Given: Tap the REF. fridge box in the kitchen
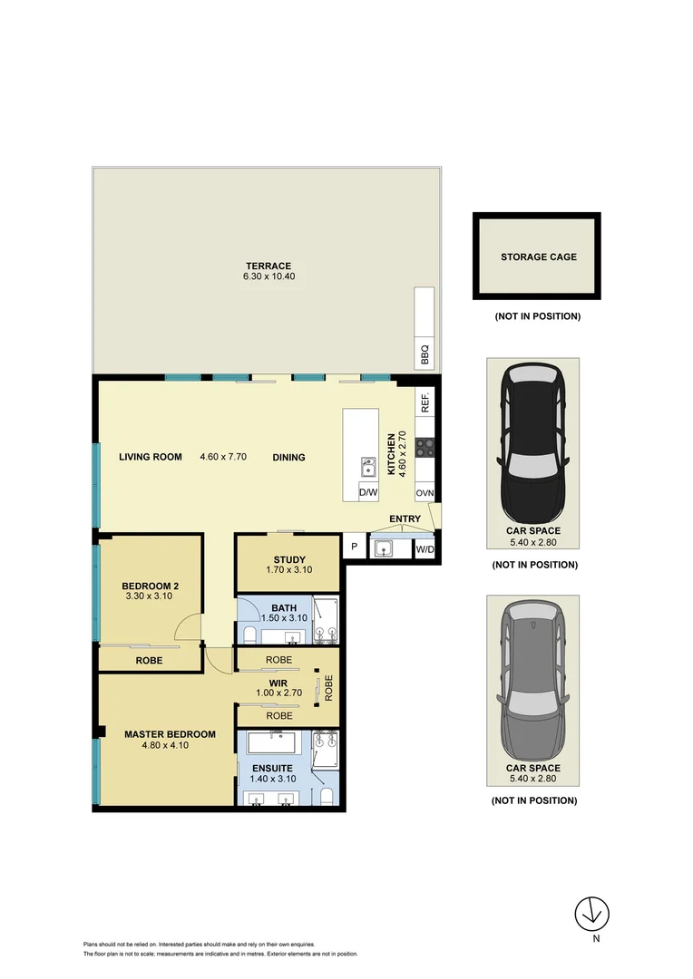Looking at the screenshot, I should tap(425, 402).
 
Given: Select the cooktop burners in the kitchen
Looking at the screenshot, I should tap(425, 447).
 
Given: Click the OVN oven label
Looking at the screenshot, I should tap(425, 493).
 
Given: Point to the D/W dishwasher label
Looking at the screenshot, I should tap(367, 493).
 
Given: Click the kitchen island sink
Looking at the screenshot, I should tap(367, 467).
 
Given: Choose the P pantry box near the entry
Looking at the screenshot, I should tap(354, 548).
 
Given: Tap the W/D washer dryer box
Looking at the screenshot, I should tap(425, 548).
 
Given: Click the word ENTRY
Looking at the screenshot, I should tap(405, 519).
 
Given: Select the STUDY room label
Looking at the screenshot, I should tap(288, 559).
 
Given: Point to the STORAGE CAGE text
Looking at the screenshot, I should tap(538, 257).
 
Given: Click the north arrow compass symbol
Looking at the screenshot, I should tap(595, 912).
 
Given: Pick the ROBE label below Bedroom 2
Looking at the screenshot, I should tap(149, 661).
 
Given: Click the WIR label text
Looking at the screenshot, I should tap(278, 683).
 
